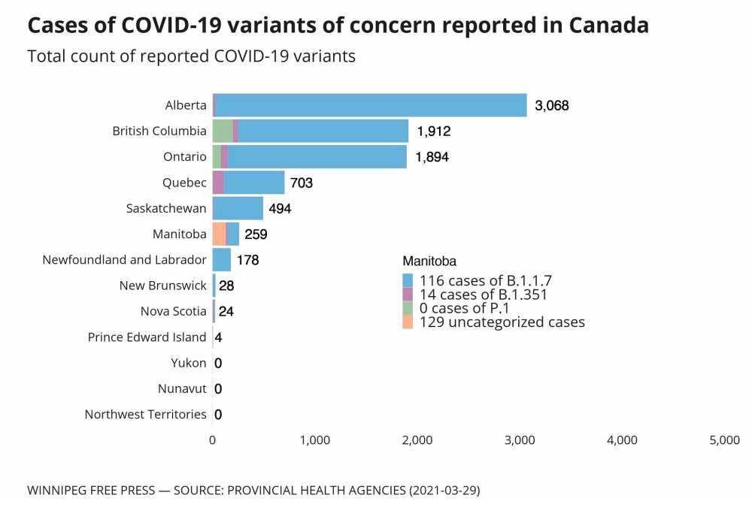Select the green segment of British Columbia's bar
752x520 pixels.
point(223,131)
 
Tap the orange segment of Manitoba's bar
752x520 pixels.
point(219,234)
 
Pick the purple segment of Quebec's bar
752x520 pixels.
point(218,183)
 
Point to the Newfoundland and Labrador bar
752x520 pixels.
point(222,260)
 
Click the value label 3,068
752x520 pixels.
point(551,105)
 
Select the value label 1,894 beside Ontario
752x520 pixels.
point(433,157)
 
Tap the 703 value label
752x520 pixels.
point(302,183)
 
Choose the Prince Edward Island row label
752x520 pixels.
point(147,337)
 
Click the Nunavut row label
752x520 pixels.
point(182,388)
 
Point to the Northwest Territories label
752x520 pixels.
point(145,414)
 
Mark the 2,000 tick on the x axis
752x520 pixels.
point(417,440)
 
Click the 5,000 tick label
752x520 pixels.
point(724,440)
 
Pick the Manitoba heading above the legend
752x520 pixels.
point(429,262)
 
